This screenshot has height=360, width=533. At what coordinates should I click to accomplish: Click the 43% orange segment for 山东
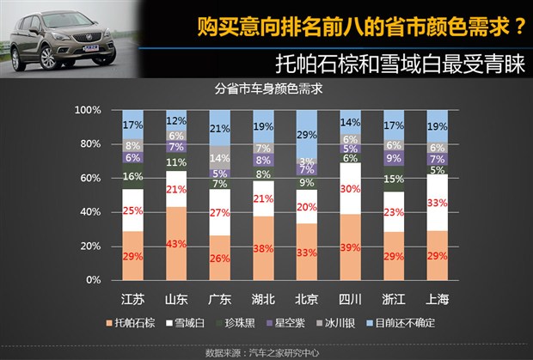tap(177, 243)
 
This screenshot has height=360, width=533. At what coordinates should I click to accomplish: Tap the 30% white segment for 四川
tap(351, 189)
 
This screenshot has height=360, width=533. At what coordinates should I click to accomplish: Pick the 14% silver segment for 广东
tap(220, 158)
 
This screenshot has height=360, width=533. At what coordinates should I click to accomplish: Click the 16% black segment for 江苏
tap(133, 177)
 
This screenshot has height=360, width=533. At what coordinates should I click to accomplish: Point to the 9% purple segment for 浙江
tap(394, 158)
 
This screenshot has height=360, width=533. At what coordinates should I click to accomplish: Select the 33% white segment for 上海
tap(437, 203)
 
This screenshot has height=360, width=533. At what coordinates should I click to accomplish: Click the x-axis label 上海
tap(437, 300)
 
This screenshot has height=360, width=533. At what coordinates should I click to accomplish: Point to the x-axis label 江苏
tap(133, 300)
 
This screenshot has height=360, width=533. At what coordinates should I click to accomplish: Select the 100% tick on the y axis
tap(88, 111)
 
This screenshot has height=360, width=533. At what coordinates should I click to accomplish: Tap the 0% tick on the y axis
tap(93, 280)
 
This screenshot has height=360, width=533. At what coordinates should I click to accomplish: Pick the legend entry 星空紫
tap(291, 323)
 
